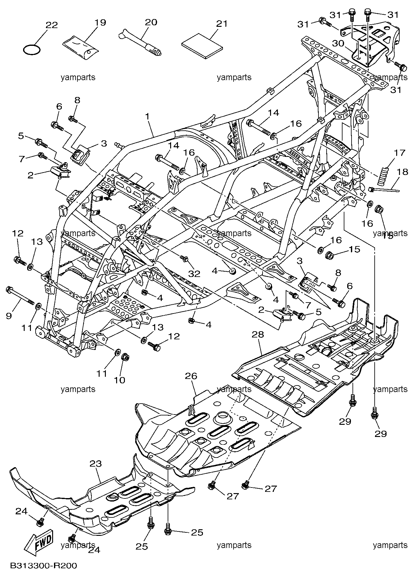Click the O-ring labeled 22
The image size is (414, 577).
pyautogui.click(x=32, y=50)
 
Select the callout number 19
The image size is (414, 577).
pyautogui.click(x=101, y=22)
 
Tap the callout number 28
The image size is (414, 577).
pyautogui.click(x=258, y=335)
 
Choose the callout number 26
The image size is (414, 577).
pyautogui.click(x=191, y=376)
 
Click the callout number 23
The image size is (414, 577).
pyautogui.click(x=96, y=464)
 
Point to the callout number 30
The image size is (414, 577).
pyautogui.click(x=338, y=44)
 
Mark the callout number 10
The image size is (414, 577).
pyautogui.click(x=119, y=380)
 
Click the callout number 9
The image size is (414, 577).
pyautogui.click(x=9, y=316)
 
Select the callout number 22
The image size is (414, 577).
pyautogui.click(x=52, y=25)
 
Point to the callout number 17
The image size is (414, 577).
pyautogui.click(x=400, y=153)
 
